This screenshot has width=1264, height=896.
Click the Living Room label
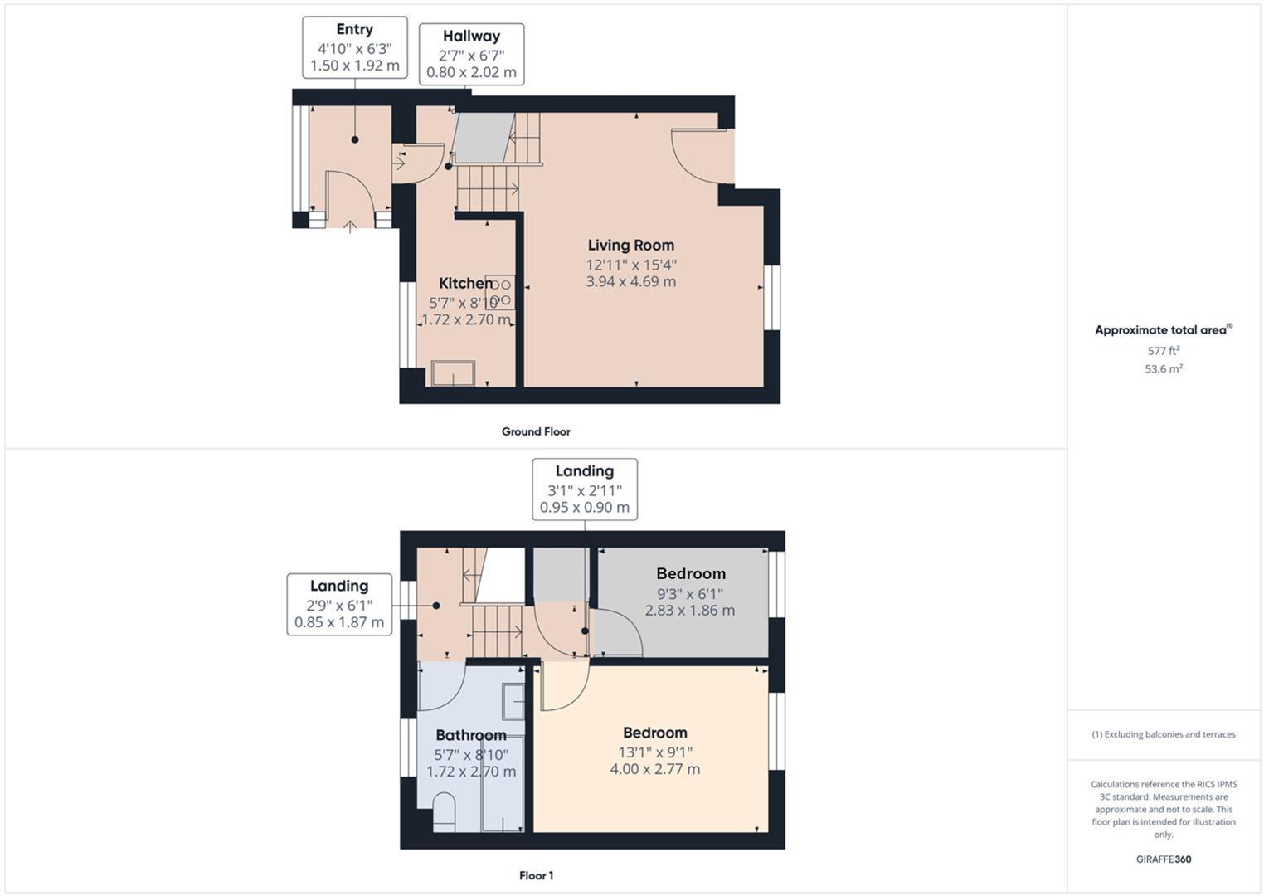[x=631, y=245]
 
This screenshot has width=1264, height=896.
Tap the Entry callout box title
[x=354, y=29]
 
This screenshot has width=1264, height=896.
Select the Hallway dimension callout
[x=471, y=54]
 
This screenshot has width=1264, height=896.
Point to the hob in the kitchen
[x=500, y=292]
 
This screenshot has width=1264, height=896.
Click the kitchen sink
[x=453, y=373]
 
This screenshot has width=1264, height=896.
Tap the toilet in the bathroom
[x=444, y=812]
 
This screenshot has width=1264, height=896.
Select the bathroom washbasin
[x=513, y=701]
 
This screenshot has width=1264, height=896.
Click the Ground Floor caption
[x=536, y=431]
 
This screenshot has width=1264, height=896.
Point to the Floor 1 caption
[x=536, y=876]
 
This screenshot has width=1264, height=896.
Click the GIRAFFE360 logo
[x=1164, y=859]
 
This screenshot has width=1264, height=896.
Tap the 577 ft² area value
[x=1164, y=351]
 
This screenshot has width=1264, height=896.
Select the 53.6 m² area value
[x=1164, y=368]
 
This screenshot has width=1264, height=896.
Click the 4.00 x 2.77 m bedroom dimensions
[x=655, y=769]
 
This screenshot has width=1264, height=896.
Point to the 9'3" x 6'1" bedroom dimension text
[x=691, y=593]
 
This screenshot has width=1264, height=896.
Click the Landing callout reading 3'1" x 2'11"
[x=585, y=489]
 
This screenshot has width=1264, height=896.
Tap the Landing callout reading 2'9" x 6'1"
[x=339, y=604]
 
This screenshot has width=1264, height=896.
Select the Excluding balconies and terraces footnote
[x=1164, y=734]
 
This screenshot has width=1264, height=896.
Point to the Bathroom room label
[x=470, y=735]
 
